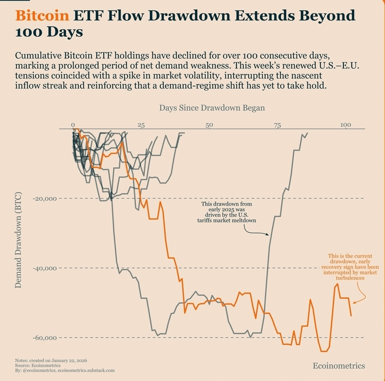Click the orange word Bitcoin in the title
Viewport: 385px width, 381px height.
pyautogui.click(x=42, y=16)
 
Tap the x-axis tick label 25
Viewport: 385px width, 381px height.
pyautogui.click(x=141, y=126)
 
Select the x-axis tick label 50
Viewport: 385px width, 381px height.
pyautogui.click(x=209, y=126)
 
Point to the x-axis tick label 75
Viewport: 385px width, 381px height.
pyautogui.click(x=277, y=126)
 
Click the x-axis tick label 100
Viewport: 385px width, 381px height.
pyautogui.click(x=346, y=126)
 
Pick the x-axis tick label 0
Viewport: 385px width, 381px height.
pyautogui.click(x=73, y=126)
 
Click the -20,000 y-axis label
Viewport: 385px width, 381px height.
pyautogui.click(x=46, y=199)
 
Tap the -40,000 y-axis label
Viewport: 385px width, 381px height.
pyautogui.click(x=46, y=268)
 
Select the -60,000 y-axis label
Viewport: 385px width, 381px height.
pyautogui.click(x=46, y=338)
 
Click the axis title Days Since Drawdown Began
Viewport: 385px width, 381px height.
pyautogui.click(x=212, y=108)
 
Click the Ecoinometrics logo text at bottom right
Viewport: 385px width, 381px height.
pyautogui.click(x=339, y=366)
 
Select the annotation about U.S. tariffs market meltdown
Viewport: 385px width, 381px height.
pyautogui.click(x=226, y=213)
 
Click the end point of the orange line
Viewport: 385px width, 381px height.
pyautogui.click(x=351, y=315)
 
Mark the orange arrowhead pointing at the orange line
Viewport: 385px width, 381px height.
pyautogui.click(x=354, y=302)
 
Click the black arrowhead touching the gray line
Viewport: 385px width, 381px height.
pyautogui.click(x=268, y=235)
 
